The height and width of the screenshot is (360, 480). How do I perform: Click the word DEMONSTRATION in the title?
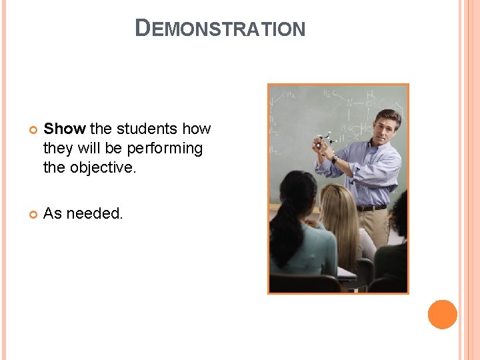220,29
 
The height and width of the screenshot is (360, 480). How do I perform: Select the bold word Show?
65,129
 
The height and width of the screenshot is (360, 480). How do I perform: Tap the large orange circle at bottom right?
442,314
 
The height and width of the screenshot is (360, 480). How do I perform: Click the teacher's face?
387,126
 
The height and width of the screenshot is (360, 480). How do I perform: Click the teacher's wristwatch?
334,159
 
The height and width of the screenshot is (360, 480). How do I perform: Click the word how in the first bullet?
196,129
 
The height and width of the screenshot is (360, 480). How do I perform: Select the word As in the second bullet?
52,213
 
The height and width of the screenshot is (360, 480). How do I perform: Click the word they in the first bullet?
57,148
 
